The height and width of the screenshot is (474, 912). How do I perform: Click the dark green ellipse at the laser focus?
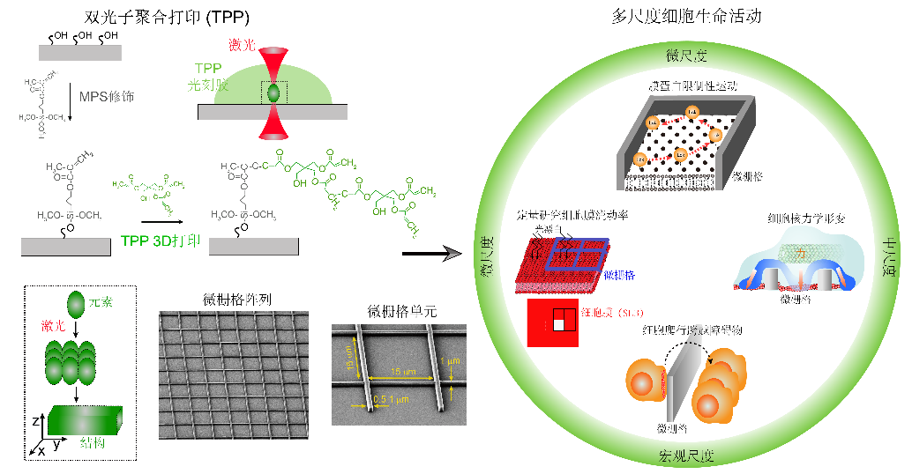pos(273,92)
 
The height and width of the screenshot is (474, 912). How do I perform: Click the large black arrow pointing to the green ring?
pos(432,254)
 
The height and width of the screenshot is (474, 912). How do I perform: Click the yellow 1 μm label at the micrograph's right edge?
pos(452,363)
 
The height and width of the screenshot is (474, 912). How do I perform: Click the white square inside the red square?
pos(558,326)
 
